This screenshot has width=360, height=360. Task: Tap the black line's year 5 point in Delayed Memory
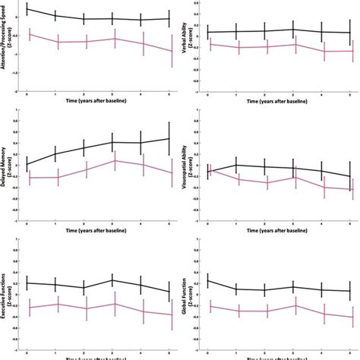coord(169,138)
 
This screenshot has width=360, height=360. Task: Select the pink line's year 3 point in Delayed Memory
coord(112,160)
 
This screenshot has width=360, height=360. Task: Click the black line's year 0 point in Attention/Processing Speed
coord(27,8)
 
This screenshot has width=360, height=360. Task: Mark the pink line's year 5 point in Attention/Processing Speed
coord(169,51)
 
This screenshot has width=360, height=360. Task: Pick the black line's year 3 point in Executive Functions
coord(112,280)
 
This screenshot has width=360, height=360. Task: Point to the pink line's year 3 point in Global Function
coord(293,305)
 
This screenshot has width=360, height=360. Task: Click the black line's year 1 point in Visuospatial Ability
coord(236,164)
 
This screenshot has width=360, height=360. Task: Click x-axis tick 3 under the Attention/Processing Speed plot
coord(112,93)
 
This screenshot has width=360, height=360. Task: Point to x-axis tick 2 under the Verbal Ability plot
coord(265,93)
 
